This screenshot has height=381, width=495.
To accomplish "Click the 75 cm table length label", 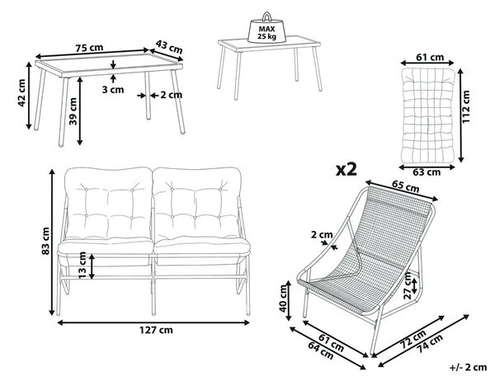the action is tap(89, 48).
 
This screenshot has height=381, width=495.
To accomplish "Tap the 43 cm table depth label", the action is tap(169, 48).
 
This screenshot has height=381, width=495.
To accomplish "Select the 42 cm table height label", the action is tap(21, 93).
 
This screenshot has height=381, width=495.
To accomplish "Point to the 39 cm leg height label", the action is tap(73, 111).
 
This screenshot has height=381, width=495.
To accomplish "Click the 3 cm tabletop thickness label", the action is tap(113, 90).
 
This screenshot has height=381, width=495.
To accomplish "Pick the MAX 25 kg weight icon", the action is tap(266, 28).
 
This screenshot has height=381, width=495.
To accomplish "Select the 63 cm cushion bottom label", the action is tap(427, 172).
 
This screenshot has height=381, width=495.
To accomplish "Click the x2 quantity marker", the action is tap(346, 170).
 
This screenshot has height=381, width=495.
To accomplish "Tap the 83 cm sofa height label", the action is tap(45, 241).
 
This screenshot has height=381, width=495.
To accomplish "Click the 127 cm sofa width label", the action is tap(156, 330).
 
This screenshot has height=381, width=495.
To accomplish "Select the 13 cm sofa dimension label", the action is tap(82, 265).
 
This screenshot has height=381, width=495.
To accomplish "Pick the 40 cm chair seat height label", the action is tap(284, 299).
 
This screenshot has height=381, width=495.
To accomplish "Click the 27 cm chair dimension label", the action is tap(408, 286).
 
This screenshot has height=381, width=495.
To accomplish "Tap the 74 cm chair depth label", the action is tap(430, 344).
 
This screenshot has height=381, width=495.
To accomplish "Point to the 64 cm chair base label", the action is tap(320, 350).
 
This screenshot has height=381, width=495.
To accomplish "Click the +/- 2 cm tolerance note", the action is tap(468, 367).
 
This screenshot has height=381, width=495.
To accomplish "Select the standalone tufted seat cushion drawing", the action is tap(427, 115).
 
